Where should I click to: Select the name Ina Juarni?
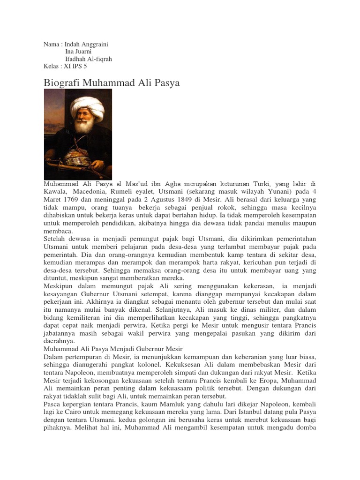coord(78,52)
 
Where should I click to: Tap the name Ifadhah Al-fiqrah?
coord(89,59)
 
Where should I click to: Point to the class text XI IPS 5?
coord(75,67)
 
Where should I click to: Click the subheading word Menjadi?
coord(124,349)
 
